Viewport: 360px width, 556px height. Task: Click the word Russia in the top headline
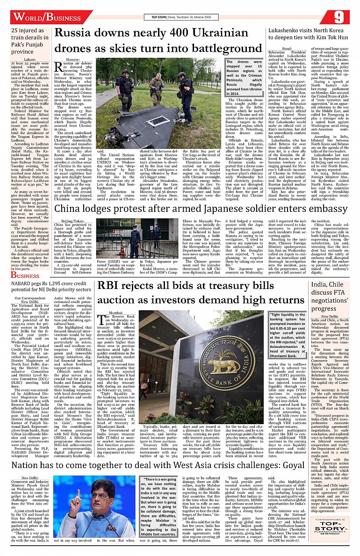[74, 34]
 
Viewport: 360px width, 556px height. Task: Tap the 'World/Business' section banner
[46, 17]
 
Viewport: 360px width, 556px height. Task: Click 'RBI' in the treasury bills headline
[110, 287]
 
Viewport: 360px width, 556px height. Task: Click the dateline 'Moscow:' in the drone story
[73, 61]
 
